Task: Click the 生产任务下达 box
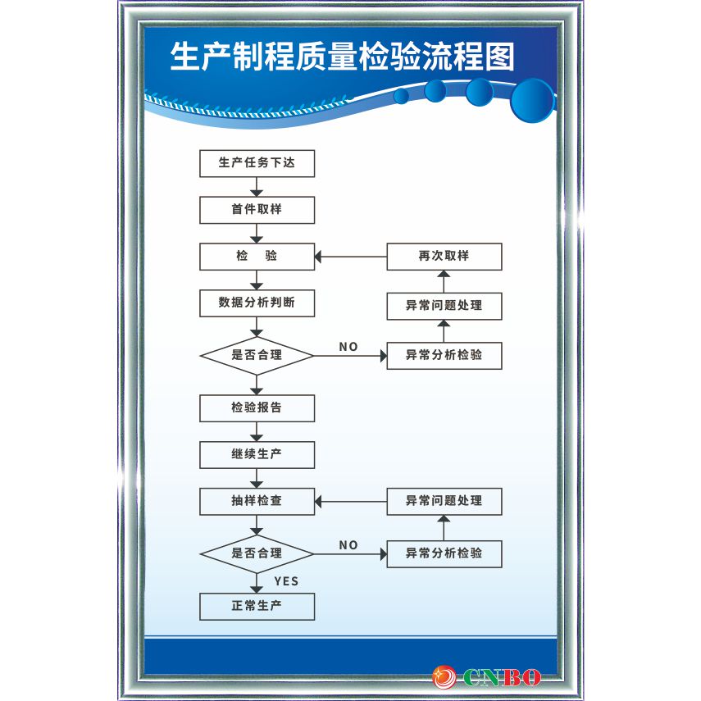(x=257, y=163)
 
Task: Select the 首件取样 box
(x=257, y=210)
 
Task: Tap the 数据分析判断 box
(x=257, y=303)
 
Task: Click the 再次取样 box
(x=444, y=257)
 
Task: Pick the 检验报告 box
(x=257, y=407)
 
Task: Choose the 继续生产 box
(x=257, y=454)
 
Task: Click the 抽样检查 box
(x=257, y=500)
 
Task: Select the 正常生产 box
(x=257, y=607)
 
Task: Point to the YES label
(x=286, y=581)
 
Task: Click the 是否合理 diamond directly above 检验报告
(x=257, y=356)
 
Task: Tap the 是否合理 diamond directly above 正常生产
(x=257, y=553)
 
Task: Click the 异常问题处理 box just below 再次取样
(x=444, y=306)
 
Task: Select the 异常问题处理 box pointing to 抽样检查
(x=444, y=501)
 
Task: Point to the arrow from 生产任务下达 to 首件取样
(x=257, y=188)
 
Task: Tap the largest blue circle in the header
(x=532, y=100)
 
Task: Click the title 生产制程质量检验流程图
(x=343, y=57)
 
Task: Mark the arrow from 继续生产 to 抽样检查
(x=257, y=478)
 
